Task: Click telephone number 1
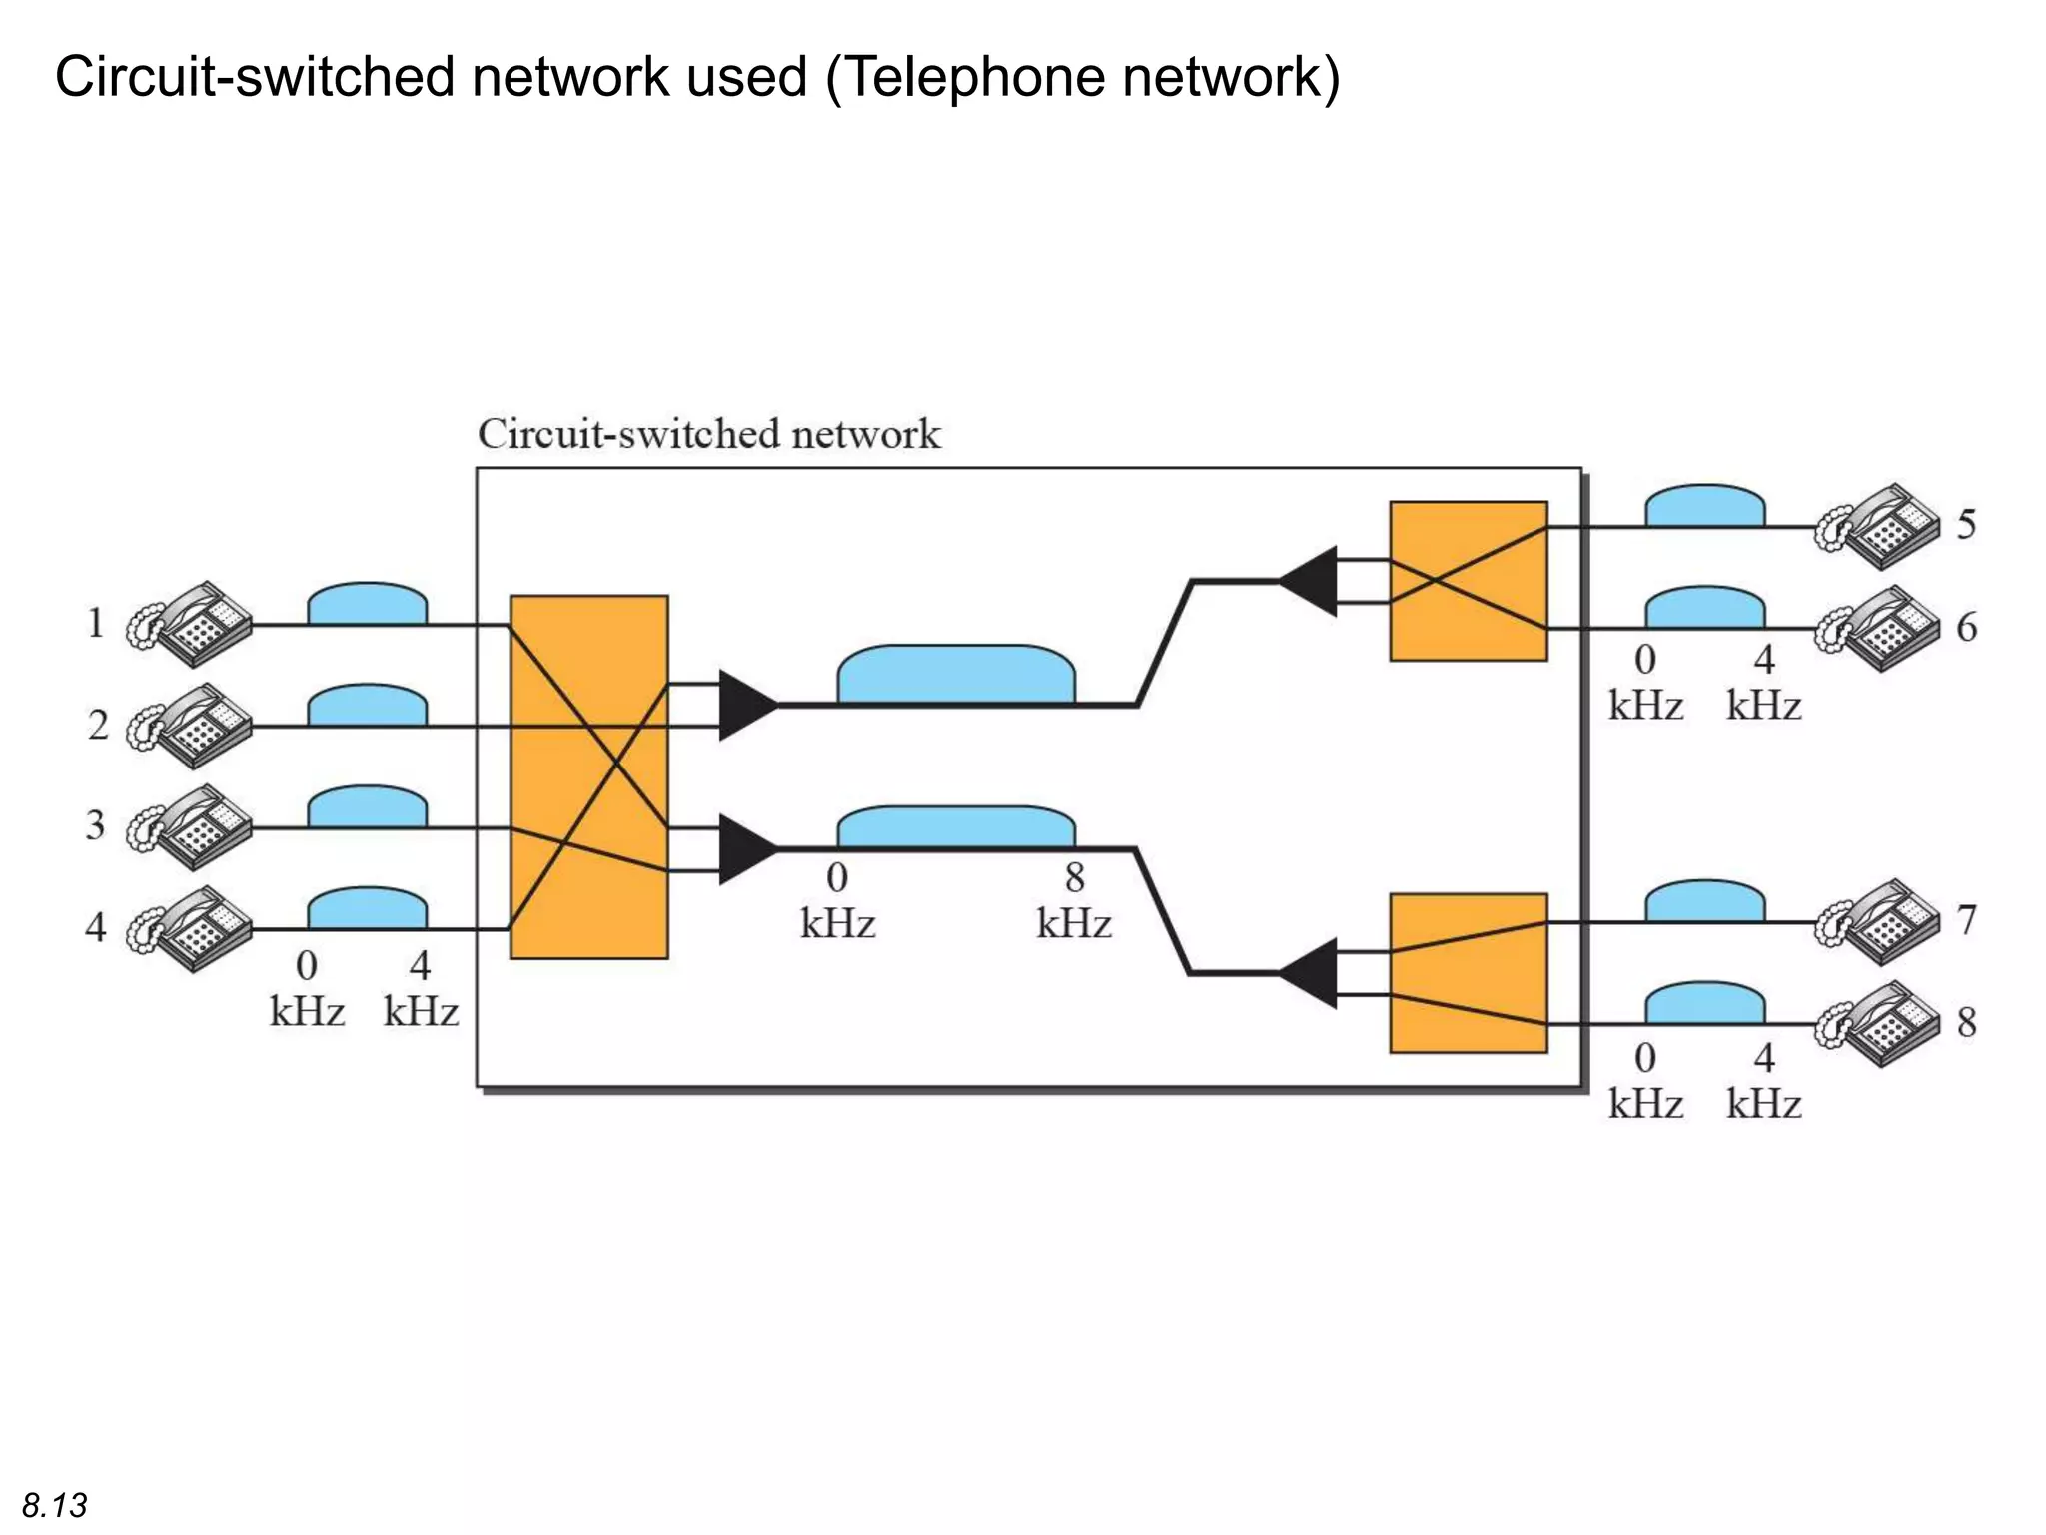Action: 190,624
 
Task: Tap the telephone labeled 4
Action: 190,928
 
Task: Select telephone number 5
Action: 1877,526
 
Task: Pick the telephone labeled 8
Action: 1877,1024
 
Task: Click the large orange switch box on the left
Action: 588,776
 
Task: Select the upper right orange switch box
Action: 1468,581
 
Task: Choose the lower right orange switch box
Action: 1468,973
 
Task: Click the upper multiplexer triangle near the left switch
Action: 744,705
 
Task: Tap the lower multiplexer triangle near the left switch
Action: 744,849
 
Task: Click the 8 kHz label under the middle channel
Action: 1074,901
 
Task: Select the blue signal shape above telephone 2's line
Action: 367,707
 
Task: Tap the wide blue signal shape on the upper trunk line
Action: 956,675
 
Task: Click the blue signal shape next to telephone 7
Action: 1704,902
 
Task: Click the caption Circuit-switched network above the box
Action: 708,435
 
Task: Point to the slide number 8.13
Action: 55,1505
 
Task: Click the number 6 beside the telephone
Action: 1966,627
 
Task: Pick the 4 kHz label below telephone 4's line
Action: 421,989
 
